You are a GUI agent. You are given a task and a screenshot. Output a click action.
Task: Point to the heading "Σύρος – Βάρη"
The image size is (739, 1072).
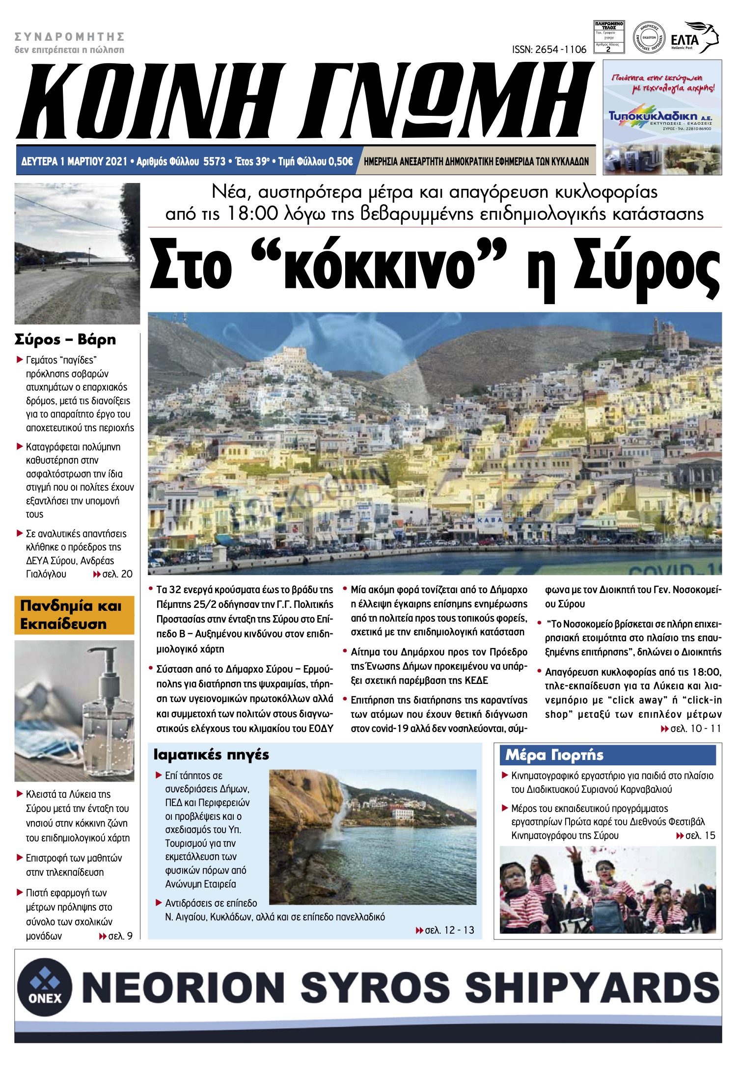(x=65, y=340)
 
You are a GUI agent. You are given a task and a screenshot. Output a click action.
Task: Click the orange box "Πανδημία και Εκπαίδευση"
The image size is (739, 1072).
(x=74, y=615)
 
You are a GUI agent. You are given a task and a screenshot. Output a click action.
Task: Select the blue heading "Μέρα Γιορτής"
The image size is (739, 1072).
(x=554, y=755)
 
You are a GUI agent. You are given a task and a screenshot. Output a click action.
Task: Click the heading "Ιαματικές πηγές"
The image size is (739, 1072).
(x=211, y=755)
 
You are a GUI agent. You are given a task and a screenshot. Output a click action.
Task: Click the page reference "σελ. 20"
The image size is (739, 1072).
(x=117, y=574)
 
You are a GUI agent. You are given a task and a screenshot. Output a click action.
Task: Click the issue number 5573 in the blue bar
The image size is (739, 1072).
(x=214, y=161)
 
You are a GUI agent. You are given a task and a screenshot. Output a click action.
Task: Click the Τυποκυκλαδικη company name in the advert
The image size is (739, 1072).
(x=653, y=116)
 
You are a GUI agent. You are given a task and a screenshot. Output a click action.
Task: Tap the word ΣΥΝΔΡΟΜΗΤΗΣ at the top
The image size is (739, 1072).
(x=69, y=37)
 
